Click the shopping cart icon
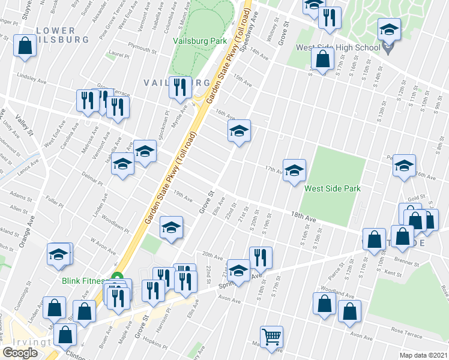click(x=271, y=337)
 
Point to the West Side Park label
click(x=332, y=188)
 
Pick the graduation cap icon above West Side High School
click(x=389, y=30)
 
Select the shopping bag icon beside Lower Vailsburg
click(x=25, y=47)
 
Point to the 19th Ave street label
click(x=182, y=197)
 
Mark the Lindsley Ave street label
click(x=31, y=77)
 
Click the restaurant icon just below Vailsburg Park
click(x=180, y=89)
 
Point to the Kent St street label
click(x=393, y=273)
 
